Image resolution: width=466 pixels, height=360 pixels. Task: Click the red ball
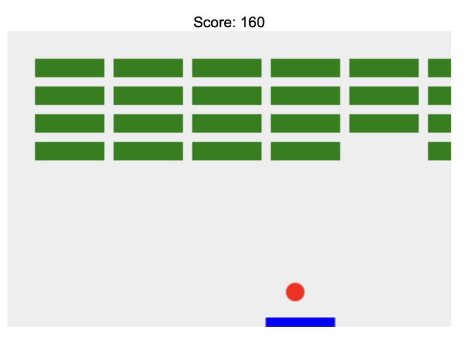295,292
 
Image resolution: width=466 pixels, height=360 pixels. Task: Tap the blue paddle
300,322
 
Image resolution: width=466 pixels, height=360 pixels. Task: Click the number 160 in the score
253,22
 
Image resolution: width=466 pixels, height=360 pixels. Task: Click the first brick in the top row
69,68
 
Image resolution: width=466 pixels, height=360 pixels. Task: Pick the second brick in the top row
148,68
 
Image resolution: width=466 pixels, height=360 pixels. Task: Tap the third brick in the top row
227,68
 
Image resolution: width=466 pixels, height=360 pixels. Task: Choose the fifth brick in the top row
384,68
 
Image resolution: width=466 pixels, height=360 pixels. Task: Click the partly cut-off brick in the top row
440,68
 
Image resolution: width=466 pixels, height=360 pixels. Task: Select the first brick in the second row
69,95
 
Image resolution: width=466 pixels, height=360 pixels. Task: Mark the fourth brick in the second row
306,95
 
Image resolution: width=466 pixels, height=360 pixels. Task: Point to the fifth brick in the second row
384,95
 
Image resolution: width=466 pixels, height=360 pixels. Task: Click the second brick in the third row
148,123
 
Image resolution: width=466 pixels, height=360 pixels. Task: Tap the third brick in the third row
227,123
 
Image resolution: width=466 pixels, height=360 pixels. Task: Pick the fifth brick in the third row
384,123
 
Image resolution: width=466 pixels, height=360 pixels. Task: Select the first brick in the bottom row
69,151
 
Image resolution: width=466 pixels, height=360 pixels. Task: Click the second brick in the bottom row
148,151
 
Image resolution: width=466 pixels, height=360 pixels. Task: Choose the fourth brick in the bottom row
306,151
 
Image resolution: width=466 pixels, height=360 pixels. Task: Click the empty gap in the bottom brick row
384,151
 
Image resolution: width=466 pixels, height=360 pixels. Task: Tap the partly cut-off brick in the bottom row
440,151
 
